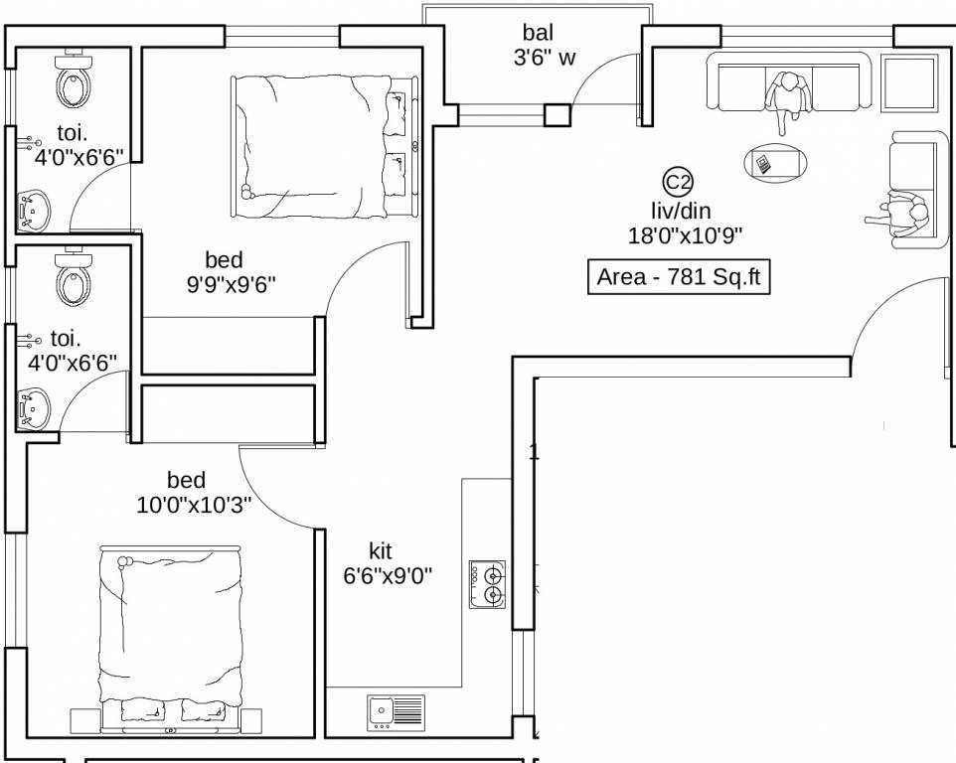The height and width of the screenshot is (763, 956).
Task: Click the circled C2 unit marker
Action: pos(678,182)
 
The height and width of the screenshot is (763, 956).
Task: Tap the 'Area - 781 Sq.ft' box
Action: pos(678,277)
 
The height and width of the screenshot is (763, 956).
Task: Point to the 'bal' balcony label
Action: pos(539,34)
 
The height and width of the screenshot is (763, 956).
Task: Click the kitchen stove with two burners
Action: pos(488,584)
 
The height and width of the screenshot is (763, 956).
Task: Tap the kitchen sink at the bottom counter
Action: pos(396,710)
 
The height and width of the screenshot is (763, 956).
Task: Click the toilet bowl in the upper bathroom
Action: pos(75,82)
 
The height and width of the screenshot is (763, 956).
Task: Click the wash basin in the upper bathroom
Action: pos(34,210)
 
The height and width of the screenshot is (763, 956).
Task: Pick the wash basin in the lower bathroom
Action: pos(34,406)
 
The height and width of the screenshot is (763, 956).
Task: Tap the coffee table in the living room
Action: pos(776,162)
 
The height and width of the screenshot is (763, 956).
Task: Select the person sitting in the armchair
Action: pos(903,215)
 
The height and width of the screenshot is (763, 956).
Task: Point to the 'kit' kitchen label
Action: pos(381,551)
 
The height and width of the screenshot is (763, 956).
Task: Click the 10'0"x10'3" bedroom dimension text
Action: pos(194,505)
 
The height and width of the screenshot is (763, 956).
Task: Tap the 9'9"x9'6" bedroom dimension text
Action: pos(231,284)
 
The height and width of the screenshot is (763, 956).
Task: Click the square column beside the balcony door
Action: pos(557,114)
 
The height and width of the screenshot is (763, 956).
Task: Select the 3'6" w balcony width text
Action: pos(544,58)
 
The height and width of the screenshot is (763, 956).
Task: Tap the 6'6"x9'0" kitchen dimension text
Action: pos(388,575)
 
